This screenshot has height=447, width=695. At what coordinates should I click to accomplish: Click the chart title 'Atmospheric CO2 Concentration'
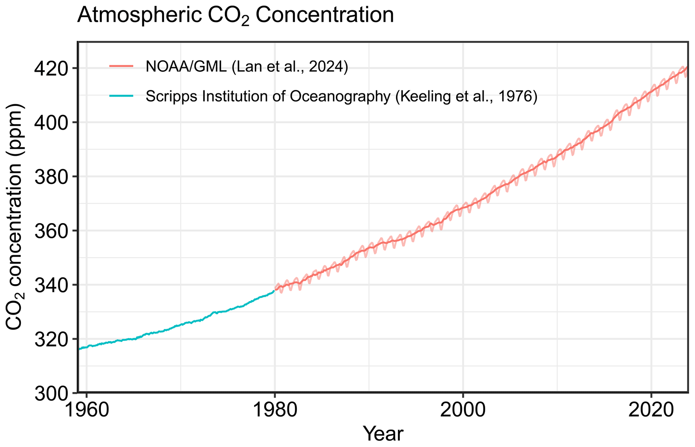[x=235, y=15]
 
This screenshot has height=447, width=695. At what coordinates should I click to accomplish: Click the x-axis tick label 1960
[x=87, y=410]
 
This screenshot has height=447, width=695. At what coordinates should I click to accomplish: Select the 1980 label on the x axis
[x=275, y=410]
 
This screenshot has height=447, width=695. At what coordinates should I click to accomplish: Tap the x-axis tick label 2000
[x=463, y=410]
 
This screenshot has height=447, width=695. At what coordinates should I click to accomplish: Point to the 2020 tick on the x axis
[x=651, y=410]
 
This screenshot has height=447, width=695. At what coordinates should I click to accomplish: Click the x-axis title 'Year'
[x=383, y=434]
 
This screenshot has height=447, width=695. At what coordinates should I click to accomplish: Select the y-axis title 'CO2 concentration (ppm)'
[x=14, y=217]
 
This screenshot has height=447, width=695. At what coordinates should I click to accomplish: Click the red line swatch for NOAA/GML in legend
[x=121, y=67]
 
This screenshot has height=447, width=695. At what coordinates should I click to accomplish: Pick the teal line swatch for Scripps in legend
[x=121, y=96]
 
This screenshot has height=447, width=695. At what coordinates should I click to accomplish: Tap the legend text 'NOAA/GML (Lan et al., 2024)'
[x=246, y=67]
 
